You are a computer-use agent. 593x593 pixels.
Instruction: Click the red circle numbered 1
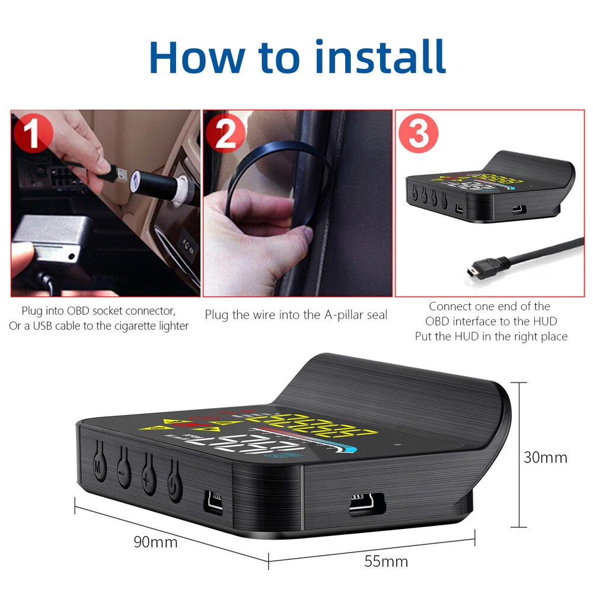34,133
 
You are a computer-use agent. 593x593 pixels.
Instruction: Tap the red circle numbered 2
226,133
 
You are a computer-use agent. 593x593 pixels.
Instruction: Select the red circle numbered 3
419,133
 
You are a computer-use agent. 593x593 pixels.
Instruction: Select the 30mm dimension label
545,457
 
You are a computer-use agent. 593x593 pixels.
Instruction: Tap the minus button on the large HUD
124,468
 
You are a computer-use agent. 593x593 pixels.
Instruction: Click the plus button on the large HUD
149,474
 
